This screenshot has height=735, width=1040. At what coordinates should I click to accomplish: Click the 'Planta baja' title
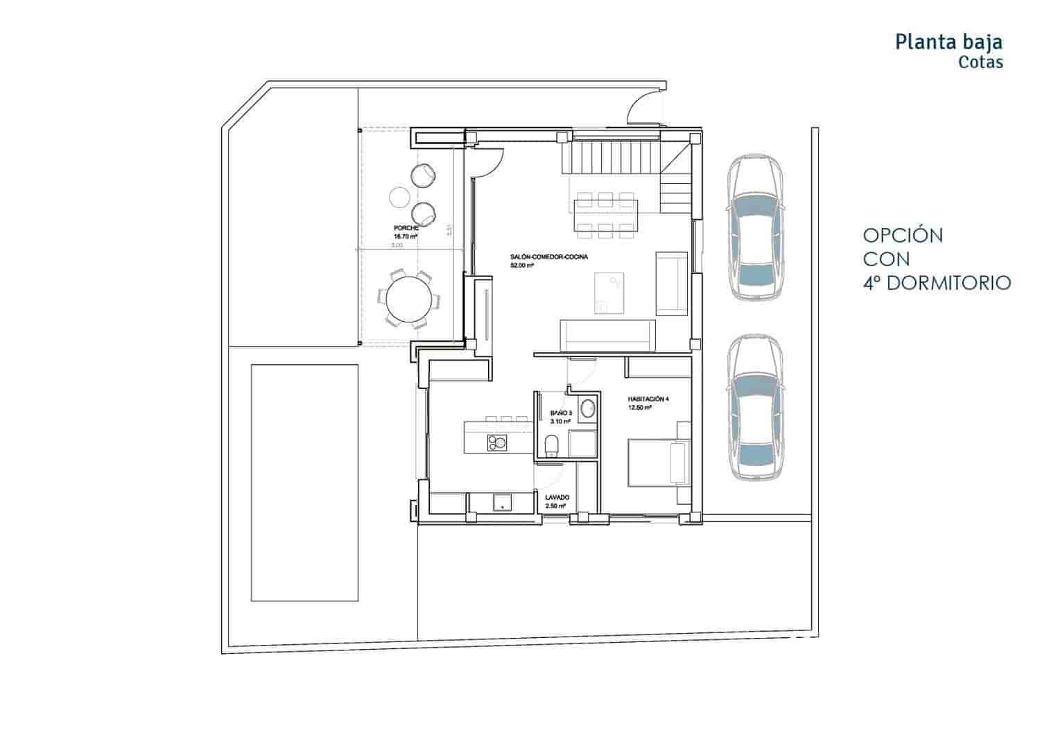[x=948, y=42]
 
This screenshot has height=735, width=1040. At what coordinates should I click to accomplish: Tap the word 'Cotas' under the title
[x=980, y=62]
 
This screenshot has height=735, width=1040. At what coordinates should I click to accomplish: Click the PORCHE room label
[x=406, y=228]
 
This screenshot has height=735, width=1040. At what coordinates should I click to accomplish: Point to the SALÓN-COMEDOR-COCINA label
[x=549, y=257]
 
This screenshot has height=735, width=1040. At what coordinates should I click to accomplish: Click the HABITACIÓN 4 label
[x=648, y=399]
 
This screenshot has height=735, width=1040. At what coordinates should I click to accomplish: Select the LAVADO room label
[x=557, y=498]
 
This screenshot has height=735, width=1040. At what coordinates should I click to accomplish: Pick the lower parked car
[x=755, y=408]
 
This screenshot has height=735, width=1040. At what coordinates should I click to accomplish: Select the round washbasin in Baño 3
[x=587, y=408]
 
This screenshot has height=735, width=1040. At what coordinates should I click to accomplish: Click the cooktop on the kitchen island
[x=496, y=441]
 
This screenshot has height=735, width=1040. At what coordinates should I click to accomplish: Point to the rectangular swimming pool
[x=305, y=483]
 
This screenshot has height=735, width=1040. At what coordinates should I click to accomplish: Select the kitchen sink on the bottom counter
[x=500, y=502]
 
